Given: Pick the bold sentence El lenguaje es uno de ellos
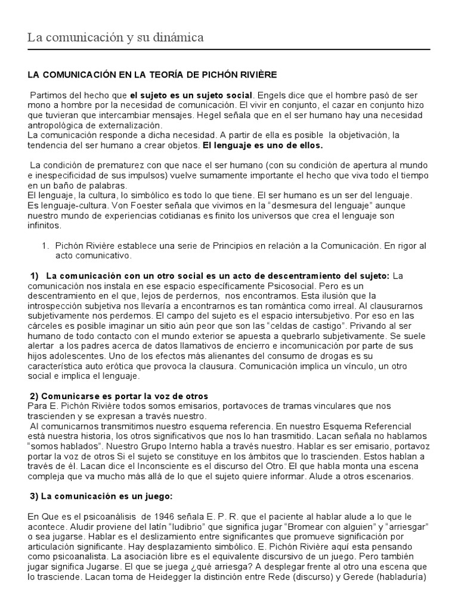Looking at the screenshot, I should click(263, 146).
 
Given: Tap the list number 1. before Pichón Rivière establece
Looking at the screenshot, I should click(45, 245).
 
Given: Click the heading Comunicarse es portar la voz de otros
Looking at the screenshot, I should click(119, 396).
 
